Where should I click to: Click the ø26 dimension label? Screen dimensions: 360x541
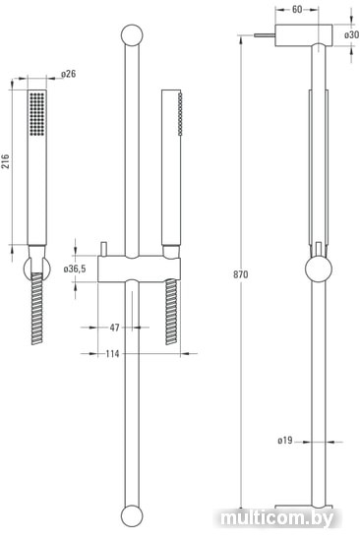tap(68, 74)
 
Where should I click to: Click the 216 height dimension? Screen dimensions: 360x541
tap(6, 161)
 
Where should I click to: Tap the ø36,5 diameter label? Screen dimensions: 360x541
tap(75, 269)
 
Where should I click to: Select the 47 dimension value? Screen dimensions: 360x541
tap(115, 328)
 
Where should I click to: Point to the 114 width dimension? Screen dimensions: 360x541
tap(112, 354)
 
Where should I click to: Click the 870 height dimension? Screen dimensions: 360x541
tap(241, 274)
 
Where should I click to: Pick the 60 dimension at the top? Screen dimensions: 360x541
tap(297, 9)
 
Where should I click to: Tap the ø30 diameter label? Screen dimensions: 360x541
tap(352, 34)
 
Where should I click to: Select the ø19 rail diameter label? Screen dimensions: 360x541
tap(285, 441)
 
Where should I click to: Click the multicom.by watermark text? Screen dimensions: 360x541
tap(277, 518)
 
